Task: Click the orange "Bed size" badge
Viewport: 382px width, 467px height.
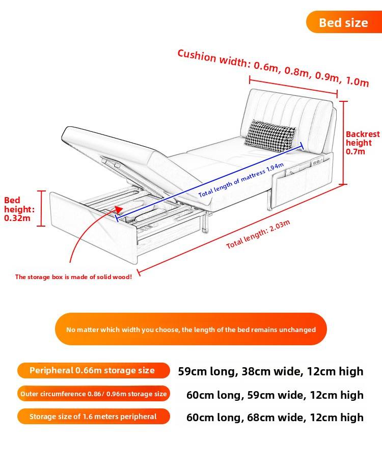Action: point(344,22)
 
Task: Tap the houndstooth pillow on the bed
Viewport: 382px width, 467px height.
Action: point(270,135)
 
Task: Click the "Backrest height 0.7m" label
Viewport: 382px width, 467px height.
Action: point(362,143)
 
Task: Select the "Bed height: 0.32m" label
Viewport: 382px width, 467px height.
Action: point(19,209)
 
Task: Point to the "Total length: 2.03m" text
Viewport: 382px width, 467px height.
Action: point(258,234)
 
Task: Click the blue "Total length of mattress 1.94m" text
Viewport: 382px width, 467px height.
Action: point(241,180)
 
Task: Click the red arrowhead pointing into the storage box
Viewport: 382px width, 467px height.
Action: point(119,210)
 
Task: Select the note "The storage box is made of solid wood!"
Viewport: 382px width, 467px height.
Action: point(73,277)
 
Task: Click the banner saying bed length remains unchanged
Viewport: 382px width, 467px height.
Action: point(191,329)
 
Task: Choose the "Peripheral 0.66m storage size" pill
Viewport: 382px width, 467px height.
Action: point(94,371)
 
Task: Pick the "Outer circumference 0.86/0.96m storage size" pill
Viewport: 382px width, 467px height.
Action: point(94,394)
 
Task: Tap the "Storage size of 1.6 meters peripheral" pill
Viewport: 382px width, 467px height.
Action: point(94,417)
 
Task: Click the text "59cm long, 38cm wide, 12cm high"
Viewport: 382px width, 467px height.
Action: point(270,371)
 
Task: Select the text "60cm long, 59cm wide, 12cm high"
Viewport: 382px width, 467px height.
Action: point(275,395)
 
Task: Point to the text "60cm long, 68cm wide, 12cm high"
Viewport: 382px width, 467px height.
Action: point(275,418)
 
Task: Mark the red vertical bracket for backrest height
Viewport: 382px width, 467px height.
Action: point(343,143)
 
